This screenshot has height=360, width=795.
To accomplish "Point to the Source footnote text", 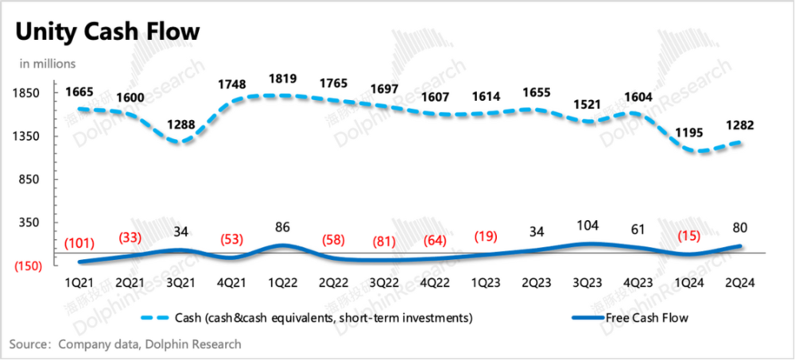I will tap(125, 344).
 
